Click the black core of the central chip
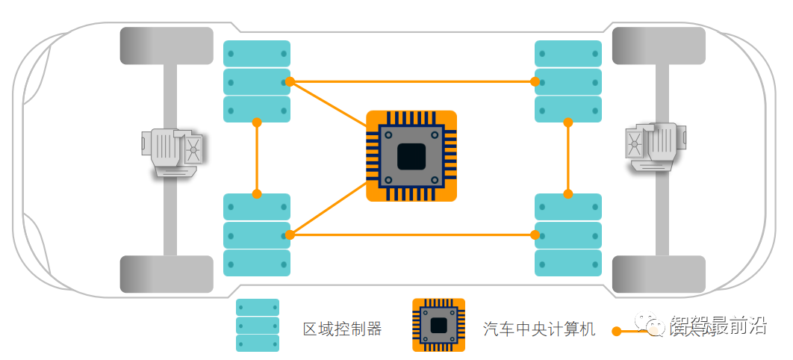pyautogui.click(x=411, y=156)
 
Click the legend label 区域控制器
pyautogui.click(x=342, y=329)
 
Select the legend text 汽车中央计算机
pyautogui.click(x=539, y=329)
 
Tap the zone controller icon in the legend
pyautogui.click(x=258, y=326)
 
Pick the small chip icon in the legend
pyautogui.click(x=438, y=325)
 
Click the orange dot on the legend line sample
pyautogui.click(x=617, y=331)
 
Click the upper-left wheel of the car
pyautogui.click(x=167, y=46)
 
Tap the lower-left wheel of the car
pyautogui.click(x=167, y=274)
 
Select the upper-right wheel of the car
pyautogui.click(x=659, y=46)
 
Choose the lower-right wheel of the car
pyautogui.click(x=659, y=274)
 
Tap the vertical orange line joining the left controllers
pyautogui.click(x=257, y=158)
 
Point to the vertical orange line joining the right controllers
pyautogui.click(x=568, y=158)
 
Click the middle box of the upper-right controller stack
pyautogui.click(x=568, y=81)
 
